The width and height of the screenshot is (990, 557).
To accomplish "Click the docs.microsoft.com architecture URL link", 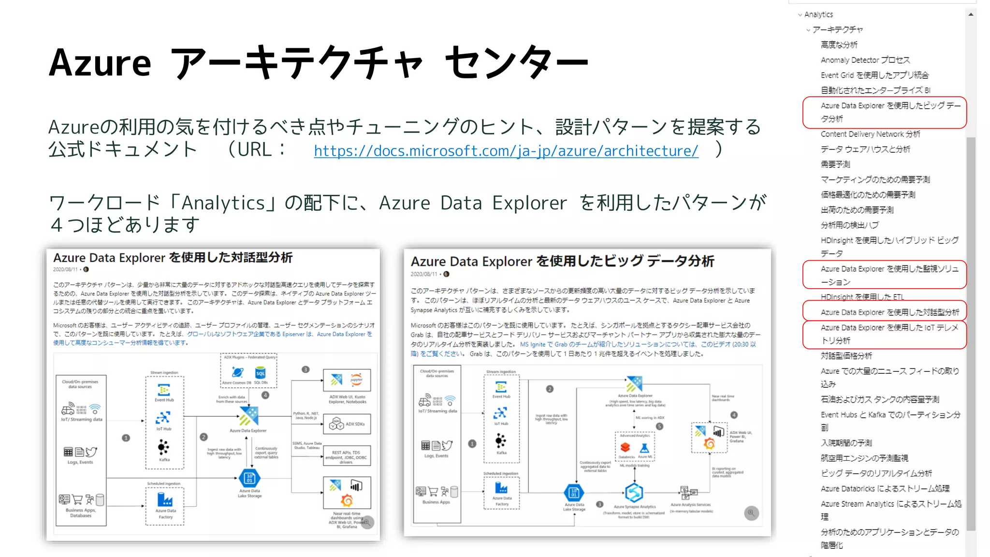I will tap(506, 151).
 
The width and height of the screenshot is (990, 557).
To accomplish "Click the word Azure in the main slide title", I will tap(100, 63).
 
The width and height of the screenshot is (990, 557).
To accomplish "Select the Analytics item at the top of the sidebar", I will tap(818, 15).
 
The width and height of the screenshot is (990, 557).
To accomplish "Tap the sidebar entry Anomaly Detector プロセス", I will tap(865, 60).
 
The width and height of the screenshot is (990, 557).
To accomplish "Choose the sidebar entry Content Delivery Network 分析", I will tap(870, 134).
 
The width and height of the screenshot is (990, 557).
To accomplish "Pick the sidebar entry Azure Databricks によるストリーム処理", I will tap(885, 488).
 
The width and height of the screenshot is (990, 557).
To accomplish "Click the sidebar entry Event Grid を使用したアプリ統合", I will tap(874, 75).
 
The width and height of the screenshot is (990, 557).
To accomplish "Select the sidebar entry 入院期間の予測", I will tap(846, 443).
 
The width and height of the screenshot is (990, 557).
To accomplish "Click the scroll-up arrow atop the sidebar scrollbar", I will tap(971, 15).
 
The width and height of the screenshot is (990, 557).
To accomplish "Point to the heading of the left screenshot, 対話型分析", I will tap(173, 258).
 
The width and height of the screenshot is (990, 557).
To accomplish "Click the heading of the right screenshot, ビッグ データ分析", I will tap(562, 262).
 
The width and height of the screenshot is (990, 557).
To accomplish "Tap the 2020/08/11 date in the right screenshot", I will tap(423, 274).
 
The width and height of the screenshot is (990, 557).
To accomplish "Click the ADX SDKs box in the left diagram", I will tap(347, 424).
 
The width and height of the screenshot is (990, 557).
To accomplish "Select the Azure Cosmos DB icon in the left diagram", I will tap(237, 373).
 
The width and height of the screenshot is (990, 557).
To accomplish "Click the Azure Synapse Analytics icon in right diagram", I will tap(634, 493).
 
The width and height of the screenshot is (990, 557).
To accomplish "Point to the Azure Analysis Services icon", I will tap(689, 493).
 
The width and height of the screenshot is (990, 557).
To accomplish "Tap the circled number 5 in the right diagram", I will tap(659, 426).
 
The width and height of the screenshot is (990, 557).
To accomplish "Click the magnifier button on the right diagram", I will tap(751, 513).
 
